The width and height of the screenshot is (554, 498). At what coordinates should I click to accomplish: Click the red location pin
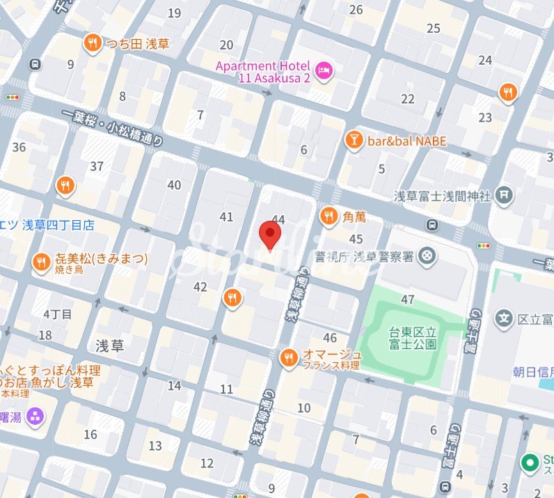pyautogui.click(x=269, y=234)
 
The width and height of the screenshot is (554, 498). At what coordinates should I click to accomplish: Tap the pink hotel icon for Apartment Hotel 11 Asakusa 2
pyautogui.click(x=324, y=70)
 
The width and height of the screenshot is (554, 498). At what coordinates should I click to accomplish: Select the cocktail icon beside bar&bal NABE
pyautogui.click(x=354, y=141)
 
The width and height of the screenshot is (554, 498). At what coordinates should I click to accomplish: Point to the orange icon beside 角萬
pyautogui.click(x=329, y=217)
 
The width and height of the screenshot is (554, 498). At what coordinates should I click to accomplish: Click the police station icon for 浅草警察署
pyautogui.click(x=428, y=257)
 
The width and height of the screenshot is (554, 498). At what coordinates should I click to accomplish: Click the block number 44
pyautogui.click(x=278, y=219)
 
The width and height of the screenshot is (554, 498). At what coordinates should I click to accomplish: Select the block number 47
pyautogui.click(x=408, y=299)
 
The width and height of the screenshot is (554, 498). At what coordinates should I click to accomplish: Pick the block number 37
pyautogui.click(x=97, y=166)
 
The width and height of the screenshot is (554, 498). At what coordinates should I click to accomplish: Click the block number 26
pyautogui.click(x=356, y=10)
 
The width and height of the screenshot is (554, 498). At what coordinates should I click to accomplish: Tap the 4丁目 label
pyautogui.click(x=57, y=314)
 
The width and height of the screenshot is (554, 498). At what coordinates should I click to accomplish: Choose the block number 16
pyautogui.click(x=90, y=435)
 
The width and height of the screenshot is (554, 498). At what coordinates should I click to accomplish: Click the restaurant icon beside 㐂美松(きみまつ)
pyautogui.click(x=41, y=263)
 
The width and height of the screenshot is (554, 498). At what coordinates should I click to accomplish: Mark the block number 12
pyautogui.click(x=207, y=463)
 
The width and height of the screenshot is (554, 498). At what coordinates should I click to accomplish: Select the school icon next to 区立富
pyautogui.click(x=504, y=319)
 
